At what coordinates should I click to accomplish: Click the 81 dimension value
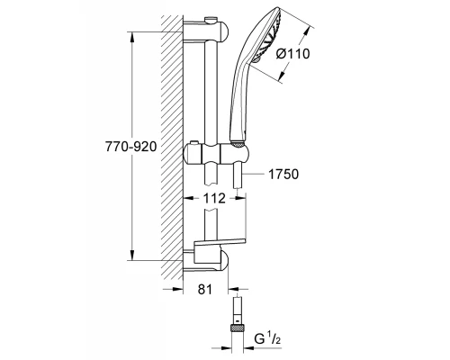206,289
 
